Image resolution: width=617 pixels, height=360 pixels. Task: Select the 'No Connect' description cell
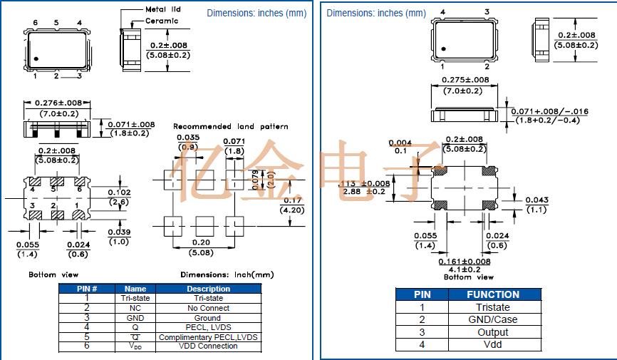click(208, 308)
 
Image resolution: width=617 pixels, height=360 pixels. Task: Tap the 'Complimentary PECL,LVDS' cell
click(208, 337)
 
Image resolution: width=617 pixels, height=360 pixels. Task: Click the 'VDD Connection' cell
click(208, 346)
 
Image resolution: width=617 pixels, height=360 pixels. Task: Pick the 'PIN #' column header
click(87, 289)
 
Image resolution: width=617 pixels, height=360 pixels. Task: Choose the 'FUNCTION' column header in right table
click(492, 294)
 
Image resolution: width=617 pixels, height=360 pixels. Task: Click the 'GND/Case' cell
click(492, 320)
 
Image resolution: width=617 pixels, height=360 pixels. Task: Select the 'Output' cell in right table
click(492, 332)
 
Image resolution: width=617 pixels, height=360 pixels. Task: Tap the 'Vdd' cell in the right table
click(492, 344)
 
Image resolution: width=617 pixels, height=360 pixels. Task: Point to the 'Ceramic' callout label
click(161, 21)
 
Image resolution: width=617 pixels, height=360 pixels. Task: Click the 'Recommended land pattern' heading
click(231, 126)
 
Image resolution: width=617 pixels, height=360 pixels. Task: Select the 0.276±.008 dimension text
click(56, 104)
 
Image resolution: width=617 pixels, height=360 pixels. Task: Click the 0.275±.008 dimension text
click(466, 81)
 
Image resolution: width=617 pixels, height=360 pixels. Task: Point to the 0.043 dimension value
click(536, 200)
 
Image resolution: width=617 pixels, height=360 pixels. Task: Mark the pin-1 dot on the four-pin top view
click(442, 49)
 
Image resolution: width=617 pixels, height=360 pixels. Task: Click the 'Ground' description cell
click(208, 318)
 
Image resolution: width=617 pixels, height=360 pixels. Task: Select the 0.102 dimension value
click(118, 192)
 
